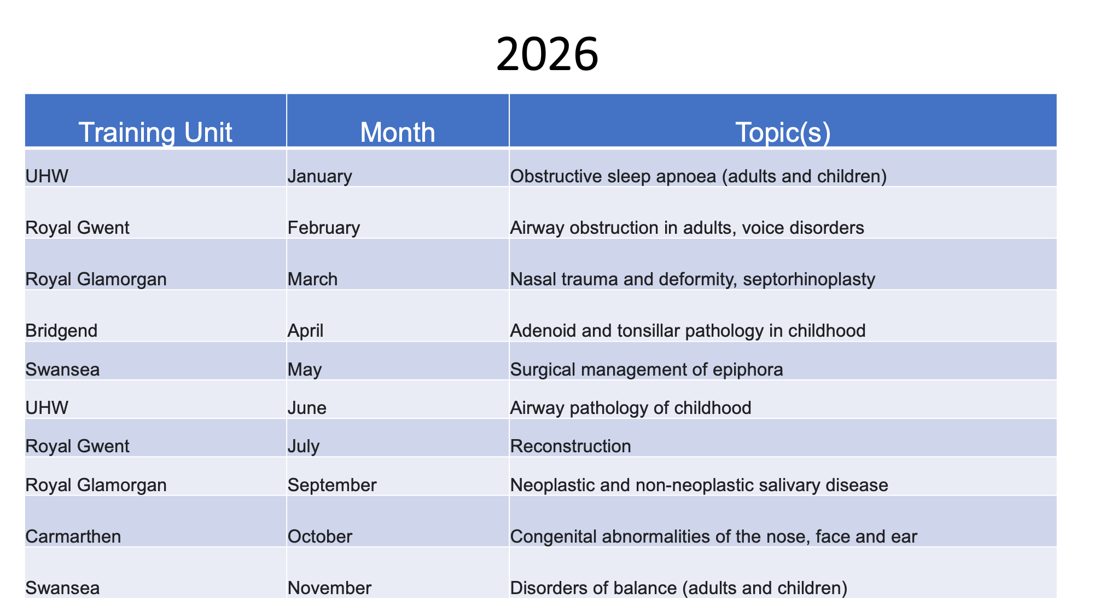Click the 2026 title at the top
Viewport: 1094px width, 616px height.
point(547,54)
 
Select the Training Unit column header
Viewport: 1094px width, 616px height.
point(155,133)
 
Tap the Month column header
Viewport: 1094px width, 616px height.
point(398,133)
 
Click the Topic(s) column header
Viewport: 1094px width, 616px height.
point(783,133)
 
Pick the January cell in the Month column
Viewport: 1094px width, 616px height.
point(320,176)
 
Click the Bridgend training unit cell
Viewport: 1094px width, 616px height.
point(61,331)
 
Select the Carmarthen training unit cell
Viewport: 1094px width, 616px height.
point(73,536)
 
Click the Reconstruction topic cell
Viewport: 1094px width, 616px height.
point(571,446)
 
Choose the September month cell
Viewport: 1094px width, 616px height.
point(332,485)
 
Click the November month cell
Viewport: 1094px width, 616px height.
point(329,588)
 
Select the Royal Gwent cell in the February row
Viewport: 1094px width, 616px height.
point(77,228)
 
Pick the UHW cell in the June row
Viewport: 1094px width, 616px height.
point(47,408)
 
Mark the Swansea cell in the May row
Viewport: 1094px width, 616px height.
point(62,370)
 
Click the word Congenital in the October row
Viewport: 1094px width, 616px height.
point(554,537)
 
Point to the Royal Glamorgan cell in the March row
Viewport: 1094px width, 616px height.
point(96,280)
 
